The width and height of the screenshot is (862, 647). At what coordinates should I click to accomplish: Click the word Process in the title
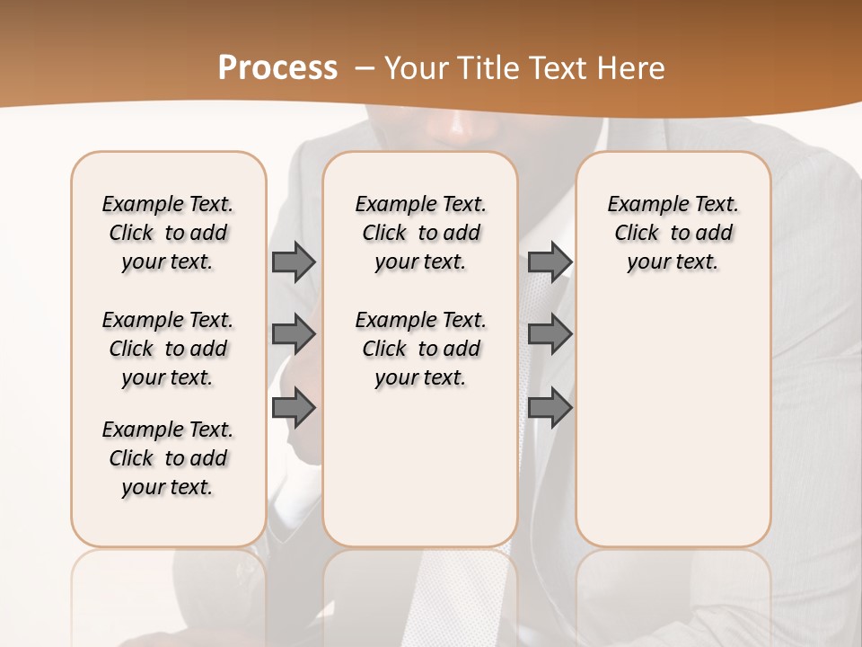277,68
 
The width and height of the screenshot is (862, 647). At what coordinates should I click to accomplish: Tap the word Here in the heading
630,68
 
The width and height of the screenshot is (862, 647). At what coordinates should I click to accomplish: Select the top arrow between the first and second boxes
294,262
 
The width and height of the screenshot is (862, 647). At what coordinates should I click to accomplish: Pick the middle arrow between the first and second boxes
294,335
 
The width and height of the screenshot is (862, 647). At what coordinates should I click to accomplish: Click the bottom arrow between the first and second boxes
294,408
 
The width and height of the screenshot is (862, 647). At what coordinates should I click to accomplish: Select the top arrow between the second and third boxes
550,262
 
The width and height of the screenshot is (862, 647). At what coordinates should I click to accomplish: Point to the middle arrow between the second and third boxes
550,335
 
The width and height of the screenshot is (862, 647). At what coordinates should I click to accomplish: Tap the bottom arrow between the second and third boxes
550,408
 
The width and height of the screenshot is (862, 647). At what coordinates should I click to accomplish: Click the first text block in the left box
168,233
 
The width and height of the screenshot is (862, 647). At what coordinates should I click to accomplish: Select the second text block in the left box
168,349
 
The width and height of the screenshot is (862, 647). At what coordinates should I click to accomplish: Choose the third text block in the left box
168,458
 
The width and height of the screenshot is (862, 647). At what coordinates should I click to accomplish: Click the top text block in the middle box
420,233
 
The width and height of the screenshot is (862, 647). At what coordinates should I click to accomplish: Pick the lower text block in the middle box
420,349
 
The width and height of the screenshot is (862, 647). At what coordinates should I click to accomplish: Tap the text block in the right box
673,233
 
